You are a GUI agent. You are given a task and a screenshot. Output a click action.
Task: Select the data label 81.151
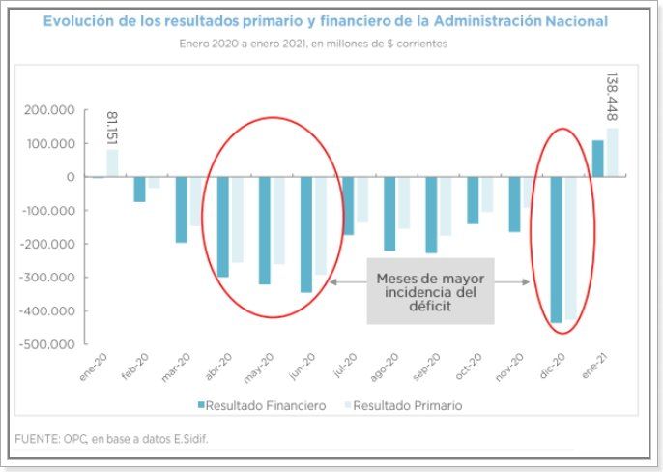tap(112, 128)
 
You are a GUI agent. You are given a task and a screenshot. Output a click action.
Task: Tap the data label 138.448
tap(613, 97)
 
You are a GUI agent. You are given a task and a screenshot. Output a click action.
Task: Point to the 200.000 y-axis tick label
tap(49, 110)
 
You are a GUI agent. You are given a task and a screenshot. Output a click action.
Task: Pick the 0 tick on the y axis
tap(72, 177)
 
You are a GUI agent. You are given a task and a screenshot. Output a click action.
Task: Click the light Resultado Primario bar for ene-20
tap(113, 162)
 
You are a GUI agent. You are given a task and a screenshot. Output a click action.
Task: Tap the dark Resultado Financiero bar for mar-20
tap(182, 209)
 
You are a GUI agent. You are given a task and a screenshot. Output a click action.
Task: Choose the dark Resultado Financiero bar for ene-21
tap(598, 159)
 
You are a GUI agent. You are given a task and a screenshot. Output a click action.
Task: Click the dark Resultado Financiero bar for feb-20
tap(140, 189)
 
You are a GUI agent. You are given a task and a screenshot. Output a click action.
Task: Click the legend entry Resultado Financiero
tap(262, 406)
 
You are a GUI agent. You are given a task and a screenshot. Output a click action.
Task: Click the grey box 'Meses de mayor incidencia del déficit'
tap(430, 291)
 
